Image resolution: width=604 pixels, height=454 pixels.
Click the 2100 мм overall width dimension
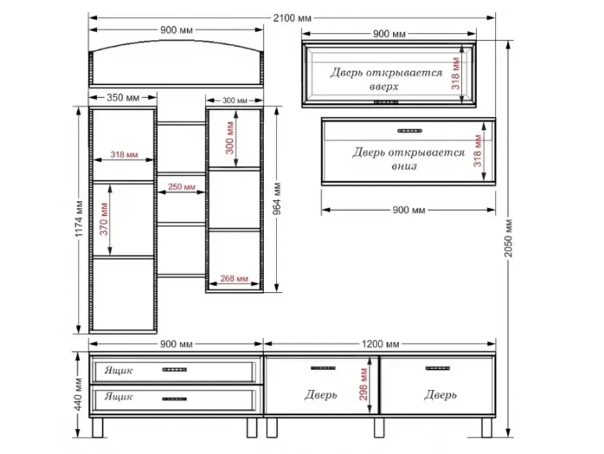(x=292, y=17)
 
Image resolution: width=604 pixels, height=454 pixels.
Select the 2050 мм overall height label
(x=509, y=238)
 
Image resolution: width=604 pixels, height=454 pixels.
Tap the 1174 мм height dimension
(x=79, y=219)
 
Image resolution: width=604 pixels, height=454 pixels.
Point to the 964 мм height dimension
(x=277, y=199)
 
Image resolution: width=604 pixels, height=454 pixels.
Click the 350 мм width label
(x=123, y=97)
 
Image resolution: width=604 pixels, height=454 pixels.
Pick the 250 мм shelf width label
(x=181, y=187)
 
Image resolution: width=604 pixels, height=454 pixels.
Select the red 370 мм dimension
(x=104, y=219)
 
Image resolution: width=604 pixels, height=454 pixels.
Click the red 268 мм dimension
(x=234, y=279)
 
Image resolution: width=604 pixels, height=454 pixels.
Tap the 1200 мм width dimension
(x=380, y=344)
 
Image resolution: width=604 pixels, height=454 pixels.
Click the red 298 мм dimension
(x=364, y=384)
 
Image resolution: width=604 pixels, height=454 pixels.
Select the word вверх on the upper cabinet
(x=384, y=87)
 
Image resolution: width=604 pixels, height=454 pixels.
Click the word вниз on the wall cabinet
(x=404, y=167)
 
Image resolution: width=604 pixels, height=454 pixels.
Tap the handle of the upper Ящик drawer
(x=174, y=370)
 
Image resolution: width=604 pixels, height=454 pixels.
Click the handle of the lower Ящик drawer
(x=174, y=399)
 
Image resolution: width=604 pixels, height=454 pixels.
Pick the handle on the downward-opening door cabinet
(x=410, y=131)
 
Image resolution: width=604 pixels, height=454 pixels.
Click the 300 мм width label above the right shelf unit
(x=235, y=100)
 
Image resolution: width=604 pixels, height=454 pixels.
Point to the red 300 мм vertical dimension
(x=230, y=138)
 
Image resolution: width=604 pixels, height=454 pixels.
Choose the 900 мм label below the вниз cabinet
(x=408, y=210)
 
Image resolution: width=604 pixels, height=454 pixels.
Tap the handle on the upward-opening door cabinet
(x=386, y=102)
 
